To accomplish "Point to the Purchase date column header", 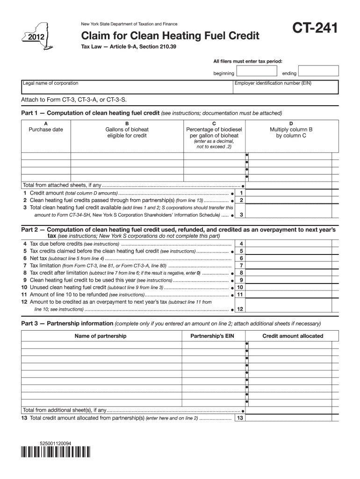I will point(46,130).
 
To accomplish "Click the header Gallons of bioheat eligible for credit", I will point(127,132).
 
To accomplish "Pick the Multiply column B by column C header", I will point(291,132).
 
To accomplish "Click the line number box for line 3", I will point(241,215).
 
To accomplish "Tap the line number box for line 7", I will point(241,265).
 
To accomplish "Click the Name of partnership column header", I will point(101,336).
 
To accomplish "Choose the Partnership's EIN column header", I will point(212,336).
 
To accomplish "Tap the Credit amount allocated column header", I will point(293,336).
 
